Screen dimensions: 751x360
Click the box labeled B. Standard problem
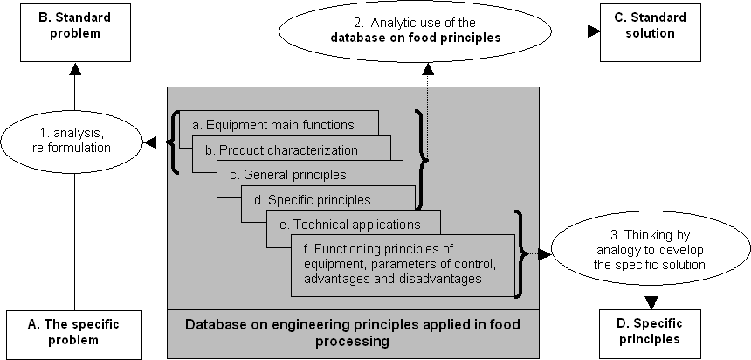75,32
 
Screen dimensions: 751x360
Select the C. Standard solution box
651,32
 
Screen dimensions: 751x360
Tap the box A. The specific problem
74,335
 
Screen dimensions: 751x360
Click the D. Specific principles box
650,334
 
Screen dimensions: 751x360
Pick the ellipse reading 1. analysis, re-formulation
72,142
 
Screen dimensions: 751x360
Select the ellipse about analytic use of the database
415,31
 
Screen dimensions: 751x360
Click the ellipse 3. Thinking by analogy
650,250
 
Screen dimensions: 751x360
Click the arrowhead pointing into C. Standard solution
594,31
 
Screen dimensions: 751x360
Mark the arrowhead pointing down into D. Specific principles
651,303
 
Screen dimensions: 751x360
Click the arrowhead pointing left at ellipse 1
150,142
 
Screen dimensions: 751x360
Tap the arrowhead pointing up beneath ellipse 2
428,69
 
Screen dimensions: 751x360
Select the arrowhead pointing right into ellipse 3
545,254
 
